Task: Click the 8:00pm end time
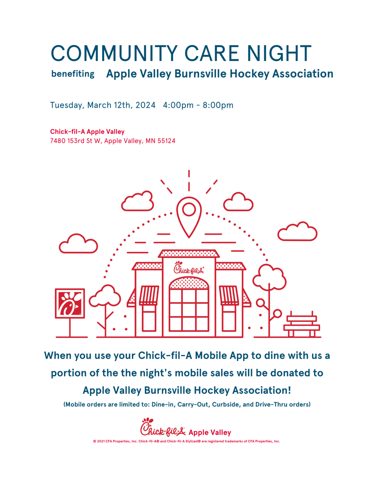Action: click(x=218, y=105)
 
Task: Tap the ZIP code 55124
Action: click(x=164, y=140)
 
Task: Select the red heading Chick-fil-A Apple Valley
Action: click(x=87, y=131)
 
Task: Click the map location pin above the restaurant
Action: click(x=189, y=215)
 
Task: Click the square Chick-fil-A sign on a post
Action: click(x=70, y=303)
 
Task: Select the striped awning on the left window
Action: click(x=148, y=295)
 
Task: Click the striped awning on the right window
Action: click(x=229, y=295)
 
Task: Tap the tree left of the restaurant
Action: click(x=105, y=300)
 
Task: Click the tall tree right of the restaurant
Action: click(x=269, y=279)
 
